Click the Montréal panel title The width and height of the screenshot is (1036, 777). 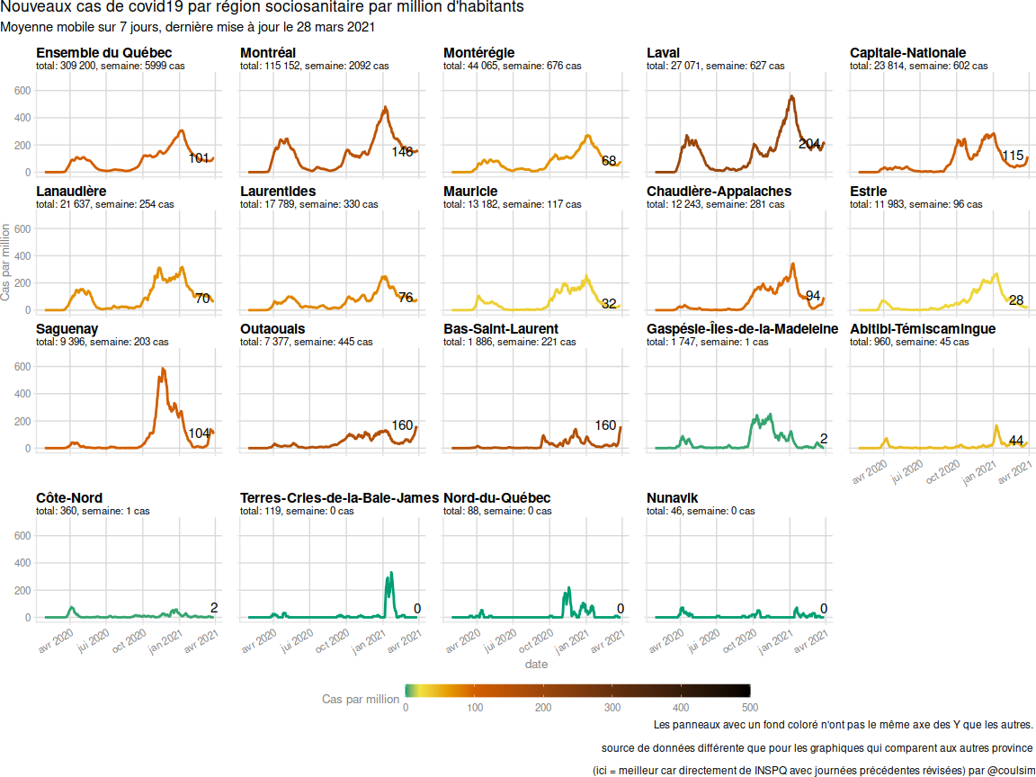point(268,53)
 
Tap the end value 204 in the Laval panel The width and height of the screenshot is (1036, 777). point(809,144)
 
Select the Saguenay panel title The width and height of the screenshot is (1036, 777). point(67,329)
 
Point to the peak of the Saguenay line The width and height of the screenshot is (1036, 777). point(163,369)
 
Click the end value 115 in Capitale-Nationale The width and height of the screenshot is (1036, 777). point(1013,156)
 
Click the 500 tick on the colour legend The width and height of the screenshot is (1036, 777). point(750,707)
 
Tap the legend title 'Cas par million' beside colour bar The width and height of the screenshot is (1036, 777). point(361,699)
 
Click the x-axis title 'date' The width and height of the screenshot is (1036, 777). point(536,665)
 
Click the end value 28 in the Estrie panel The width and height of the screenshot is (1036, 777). point(1016,300)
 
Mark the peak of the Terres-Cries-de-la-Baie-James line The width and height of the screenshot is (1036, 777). point(390,573)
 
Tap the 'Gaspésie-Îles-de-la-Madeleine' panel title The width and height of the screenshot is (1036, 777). point(742,329)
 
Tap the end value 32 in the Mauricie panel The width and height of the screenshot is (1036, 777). point(609,304)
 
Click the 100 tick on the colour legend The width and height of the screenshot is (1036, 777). point(475,707)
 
